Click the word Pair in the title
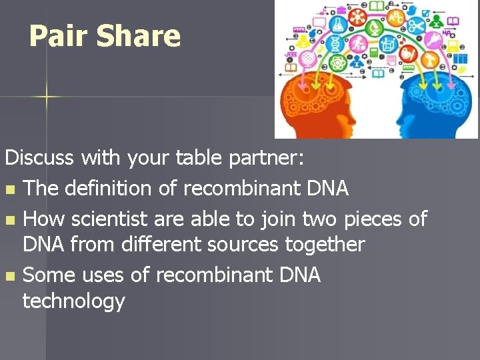point(59,37)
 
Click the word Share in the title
point(138,37)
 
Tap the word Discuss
point(41,158)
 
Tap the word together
point(325,244)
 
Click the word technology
point(73,301)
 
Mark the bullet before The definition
point(9,190)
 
